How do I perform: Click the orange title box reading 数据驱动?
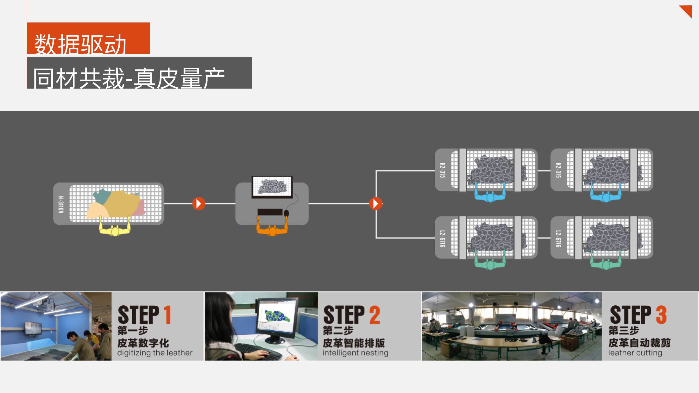point(88,38)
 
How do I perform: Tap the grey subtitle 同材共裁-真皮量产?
point(139,73)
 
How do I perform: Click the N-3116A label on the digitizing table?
point(61,204)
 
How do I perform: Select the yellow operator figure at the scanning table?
point(115,228)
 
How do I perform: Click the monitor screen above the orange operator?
point(272,187)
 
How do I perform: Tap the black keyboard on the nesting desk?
point(270,212)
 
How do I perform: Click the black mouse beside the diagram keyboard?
point(287,213)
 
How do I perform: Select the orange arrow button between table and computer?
point(199,204)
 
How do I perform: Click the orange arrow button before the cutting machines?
point(376,204)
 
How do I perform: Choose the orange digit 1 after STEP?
point(167,315)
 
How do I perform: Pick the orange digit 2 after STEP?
point(375,315)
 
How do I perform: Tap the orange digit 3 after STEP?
point(661,315)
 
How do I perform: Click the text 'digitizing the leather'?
point(155,353)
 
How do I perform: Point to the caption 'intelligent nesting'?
point(355,353)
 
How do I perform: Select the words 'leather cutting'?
point(635,353)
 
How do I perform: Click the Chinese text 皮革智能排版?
point(354,343)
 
